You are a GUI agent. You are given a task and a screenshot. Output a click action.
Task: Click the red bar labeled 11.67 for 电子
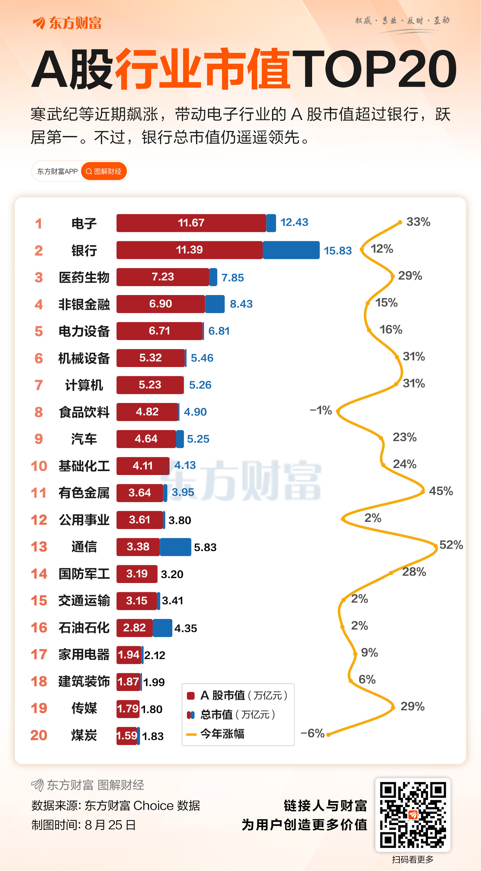pos(191,223)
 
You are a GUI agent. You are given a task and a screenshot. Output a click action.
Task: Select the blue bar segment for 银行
pos(291,250)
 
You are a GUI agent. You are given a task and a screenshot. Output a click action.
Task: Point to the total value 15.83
pos(338,250)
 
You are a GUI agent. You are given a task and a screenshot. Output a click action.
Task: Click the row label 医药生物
pos(84,277)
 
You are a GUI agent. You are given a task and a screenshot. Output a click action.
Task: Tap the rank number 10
pos(39,466)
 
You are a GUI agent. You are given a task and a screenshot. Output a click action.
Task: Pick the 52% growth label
pos(451,545)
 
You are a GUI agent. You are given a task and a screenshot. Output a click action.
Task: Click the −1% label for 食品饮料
pos(321,410)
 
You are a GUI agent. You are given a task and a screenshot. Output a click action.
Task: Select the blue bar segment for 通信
pos(175,547)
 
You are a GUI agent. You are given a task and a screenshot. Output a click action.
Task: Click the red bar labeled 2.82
pos(134,628)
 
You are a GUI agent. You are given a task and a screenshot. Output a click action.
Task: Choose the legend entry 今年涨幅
pos(222,734)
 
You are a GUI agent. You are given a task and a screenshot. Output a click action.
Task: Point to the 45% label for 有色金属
pos(441,491)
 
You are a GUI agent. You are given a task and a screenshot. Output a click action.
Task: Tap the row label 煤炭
pos(84,735)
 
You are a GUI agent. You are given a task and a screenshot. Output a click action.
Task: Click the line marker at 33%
pos(400,222)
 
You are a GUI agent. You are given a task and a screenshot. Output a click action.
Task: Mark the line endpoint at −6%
pos(328,734)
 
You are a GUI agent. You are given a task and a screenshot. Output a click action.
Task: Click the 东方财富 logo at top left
pos(67,23)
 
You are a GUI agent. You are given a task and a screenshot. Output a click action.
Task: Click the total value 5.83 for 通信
pos(205,547)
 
